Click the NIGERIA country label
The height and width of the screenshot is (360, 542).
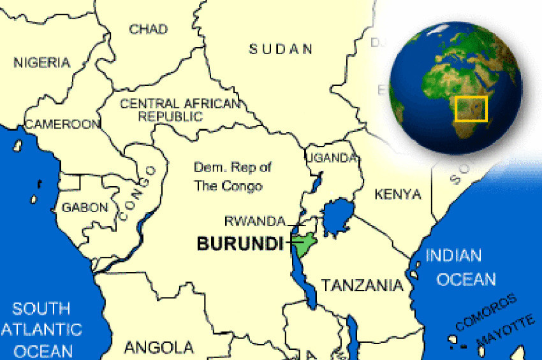[41, 62]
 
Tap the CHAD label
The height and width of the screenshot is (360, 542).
[148, 29]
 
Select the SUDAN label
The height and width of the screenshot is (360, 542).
[281, 49]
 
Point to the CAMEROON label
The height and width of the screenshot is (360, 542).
[62, 124]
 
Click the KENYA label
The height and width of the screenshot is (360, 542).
[398, 194]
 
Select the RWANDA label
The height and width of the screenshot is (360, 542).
[254, 221]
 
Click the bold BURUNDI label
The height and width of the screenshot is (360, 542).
[240, 243]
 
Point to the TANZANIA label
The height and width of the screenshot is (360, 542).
[362, 285]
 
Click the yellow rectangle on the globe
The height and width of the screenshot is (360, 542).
[472, 109]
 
